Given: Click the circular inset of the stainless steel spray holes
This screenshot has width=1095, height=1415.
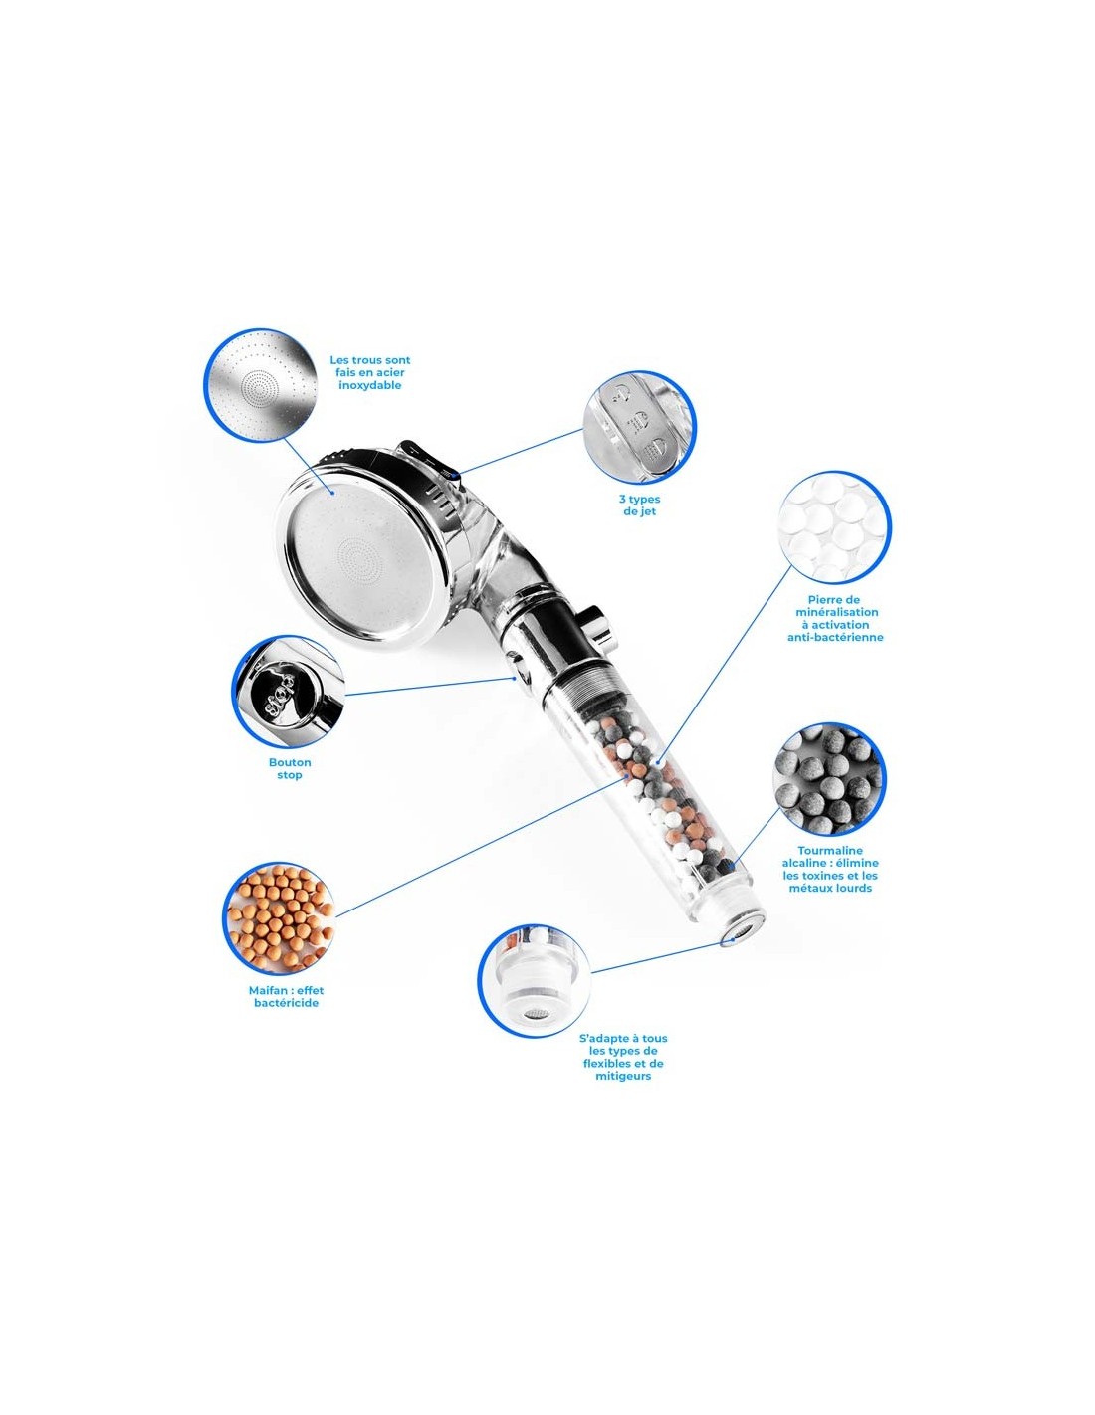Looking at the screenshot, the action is click(261, 384).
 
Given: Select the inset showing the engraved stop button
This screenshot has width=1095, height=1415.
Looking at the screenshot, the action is click(288, 691).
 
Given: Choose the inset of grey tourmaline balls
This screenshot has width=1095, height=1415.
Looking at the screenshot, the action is click(828, 779).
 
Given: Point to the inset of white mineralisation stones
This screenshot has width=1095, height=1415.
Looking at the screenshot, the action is click(834, 525).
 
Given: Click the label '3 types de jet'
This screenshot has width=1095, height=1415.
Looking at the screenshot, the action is click(639, 505).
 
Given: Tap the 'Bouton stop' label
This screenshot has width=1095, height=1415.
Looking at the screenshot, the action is click(290, 768).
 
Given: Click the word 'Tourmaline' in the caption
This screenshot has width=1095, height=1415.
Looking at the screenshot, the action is click(830, 850).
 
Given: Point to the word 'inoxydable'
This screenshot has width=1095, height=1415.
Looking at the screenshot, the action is click(369, 385).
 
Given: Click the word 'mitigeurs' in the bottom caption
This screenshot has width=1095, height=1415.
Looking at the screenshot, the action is click(623, 1077).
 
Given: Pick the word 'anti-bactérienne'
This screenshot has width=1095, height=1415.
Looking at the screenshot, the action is click(835, 637).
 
